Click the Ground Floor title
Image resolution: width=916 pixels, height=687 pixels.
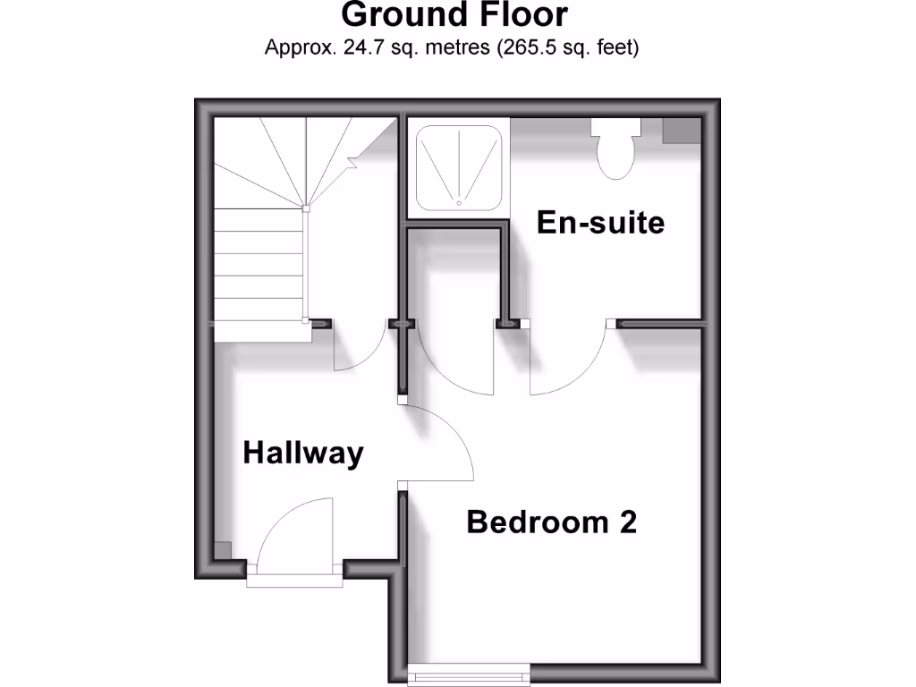[x=454, y=15]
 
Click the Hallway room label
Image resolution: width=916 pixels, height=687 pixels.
[x=303, y=454]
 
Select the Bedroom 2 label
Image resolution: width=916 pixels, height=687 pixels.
[x=551, y=522]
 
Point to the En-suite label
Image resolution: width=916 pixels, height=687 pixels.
[x=600, y=222]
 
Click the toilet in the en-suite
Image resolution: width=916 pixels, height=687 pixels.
[x=615, y=149]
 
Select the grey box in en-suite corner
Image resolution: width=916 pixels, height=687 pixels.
[x=680, y=131]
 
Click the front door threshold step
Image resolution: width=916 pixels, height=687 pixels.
[x=295, y=579]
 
